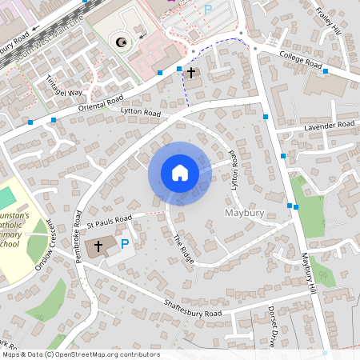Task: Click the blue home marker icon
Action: tap(179, 173)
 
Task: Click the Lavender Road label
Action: tap(329, 126)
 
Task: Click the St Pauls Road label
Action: tap(110, 218)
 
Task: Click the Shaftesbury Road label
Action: tap(193, 309)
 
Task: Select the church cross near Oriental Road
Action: tap(190, 73)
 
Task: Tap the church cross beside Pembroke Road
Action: tap(98, 246)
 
